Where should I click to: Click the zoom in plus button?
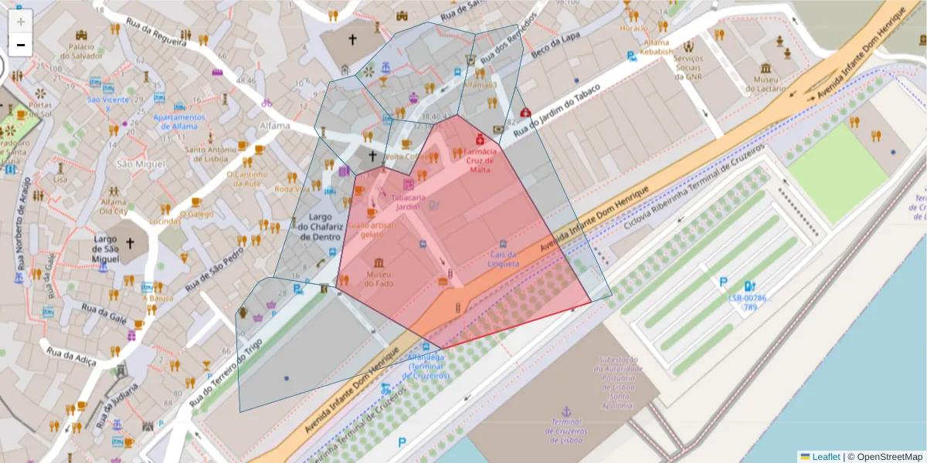20,21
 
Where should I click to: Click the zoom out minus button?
20,45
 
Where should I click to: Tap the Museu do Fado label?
379,279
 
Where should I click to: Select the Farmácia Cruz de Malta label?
479,161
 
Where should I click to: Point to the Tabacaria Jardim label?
409,201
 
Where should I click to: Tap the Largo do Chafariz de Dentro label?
319,227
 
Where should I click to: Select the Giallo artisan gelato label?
372,229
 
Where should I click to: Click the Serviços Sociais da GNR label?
687,67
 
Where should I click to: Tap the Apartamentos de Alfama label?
179,122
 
